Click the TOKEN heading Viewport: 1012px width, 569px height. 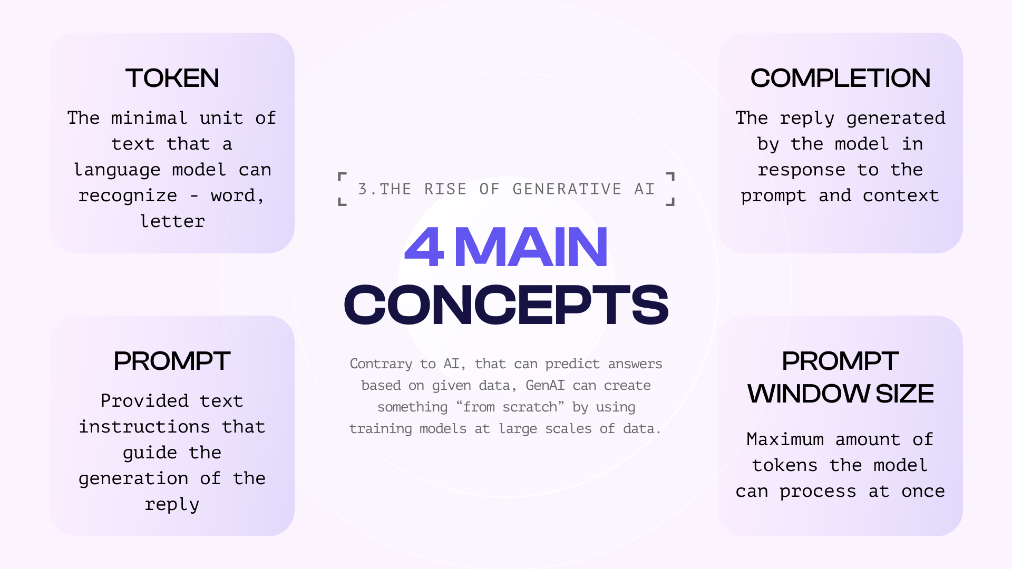point(172,78)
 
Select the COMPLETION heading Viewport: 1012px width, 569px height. point(840,78)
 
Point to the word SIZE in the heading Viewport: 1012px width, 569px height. point(904,394)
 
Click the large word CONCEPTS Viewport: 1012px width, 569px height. point(506,305)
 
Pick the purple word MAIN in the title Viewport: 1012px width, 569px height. point(531,247)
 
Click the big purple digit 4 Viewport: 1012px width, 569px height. point(424,247)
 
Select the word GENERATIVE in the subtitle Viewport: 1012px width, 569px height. point(567,189)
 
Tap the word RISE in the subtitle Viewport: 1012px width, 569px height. point(445,189)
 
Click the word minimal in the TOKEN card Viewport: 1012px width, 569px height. point(149,117)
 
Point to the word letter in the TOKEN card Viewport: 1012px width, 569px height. point(172,221)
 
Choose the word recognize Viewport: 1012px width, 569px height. point(128,195)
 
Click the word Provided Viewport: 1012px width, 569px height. point(144,400)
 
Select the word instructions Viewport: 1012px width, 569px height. point(144,426)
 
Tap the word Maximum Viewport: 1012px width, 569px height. point(785,439)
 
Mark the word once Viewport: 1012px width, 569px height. point(923,491)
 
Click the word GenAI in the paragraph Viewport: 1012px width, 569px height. point(545,385)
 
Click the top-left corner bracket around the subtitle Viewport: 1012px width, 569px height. point(342,176)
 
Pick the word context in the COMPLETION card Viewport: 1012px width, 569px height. point(901,195)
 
